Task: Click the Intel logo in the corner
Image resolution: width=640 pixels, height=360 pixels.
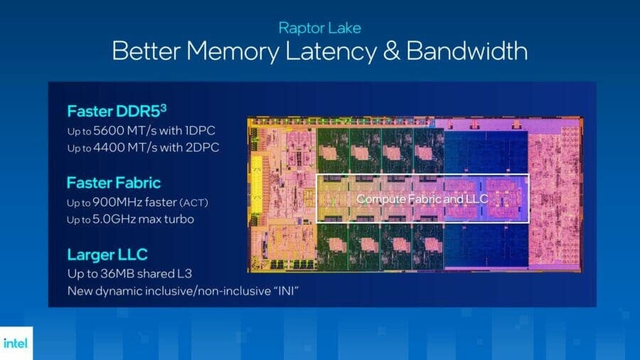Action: click(16, 343)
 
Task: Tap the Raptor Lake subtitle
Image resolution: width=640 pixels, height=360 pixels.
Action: click(319, 28)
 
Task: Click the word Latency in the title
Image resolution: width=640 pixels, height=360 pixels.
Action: click(331, 52)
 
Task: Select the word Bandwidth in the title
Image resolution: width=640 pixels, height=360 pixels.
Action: click(467, 51)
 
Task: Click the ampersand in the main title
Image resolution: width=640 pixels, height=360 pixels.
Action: click(391, 51)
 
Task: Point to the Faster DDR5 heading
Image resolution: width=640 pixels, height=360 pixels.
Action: click(117, 110)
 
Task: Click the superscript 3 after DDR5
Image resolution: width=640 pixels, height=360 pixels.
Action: click(164, 107)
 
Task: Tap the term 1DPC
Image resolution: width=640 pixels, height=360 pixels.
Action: click(200, 131)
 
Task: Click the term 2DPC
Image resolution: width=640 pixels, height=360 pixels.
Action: click(202, 147)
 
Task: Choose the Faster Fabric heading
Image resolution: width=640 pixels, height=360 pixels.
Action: click(114, 183)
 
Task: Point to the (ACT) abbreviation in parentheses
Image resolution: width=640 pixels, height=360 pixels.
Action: click(194, 203)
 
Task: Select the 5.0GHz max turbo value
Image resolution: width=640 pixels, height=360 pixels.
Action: click(143, 219)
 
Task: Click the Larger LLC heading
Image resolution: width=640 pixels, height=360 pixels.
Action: click(107, 255)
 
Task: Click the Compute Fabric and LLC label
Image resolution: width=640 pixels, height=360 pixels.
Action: click(422, 199)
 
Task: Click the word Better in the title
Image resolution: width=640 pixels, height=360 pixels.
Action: click(146, 51)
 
